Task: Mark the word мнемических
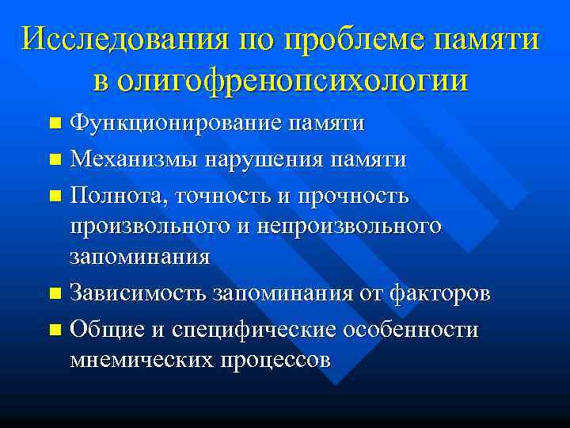click(x=142, y=359)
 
